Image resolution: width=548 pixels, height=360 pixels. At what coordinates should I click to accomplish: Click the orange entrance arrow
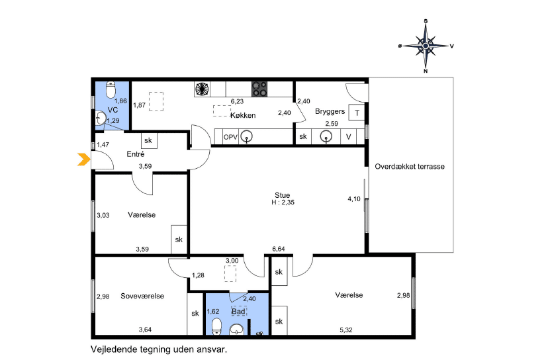tap(84, 159)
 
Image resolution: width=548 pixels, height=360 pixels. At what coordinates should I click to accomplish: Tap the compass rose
tap(426, 46)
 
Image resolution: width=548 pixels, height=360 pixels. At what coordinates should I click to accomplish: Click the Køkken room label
tap(243, 115)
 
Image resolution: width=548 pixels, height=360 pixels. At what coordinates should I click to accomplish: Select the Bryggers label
tap(330, 111)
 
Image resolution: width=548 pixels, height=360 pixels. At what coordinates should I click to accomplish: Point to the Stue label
tap(282, 195)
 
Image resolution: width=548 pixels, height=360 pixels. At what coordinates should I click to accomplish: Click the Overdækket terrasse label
tap(410, 167)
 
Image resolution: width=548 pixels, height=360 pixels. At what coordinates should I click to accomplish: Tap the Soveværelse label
tap(142, 296)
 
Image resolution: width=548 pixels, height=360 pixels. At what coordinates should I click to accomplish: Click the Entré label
tap(136, 154)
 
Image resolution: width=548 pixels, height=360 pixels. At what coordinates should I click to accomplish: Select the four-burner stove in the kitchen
tap(259, 89)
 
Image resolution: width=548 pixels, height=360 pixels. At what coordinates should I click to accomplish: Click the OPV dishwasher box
tap(230, 137)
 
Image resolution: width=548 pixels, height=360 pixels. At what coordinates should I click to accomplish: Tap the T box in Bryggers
tap(357, 113)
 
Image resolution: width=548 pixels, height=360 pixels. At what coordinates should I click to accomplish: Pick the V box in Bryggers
tap(348, 137)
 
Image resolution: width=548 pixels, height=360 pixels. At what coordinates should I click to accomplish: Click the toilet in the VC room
tap(111, 90)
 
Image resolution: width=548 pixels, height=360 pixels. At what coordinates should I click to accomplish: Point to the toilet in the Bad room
tap(217, 326)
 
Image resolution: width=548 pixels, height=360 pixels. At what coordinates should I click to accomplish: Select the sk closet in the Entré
tap(148, 140)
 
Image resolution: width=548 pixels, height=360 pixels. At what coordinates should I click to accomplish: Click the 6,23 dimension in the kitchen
tap(237, 102)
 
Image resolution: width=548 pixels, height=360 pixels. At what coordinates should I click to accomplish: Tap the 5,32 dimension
tap(346, 330)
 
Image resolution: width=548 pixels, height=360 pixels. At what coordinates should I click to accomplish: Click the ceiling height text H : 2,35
tap(283, 202)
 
